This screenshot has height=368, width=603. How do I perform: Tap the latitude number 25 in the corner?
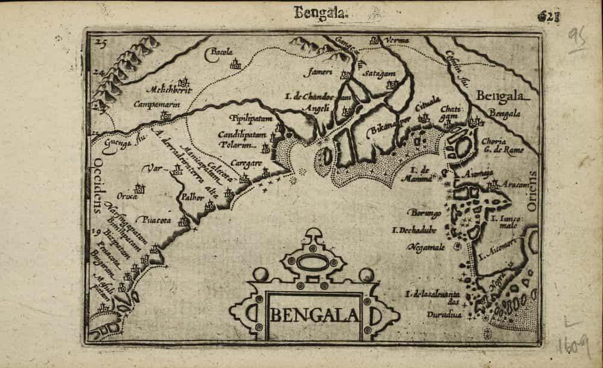100,44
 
